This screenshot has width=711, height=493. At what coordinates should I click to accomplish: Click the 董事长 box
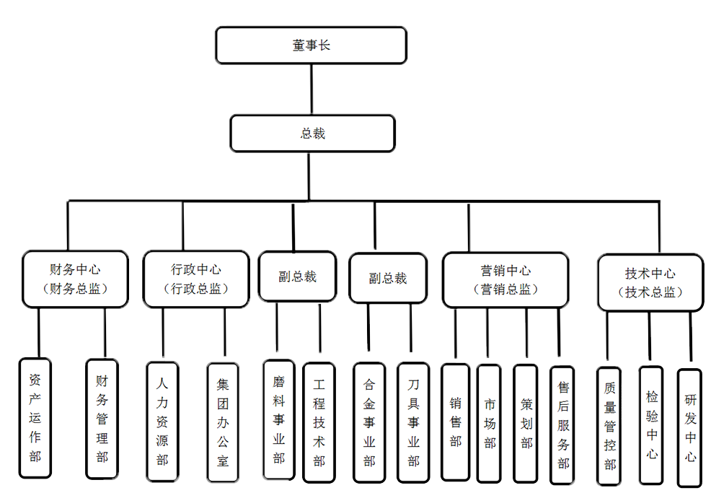(x=311, y=45)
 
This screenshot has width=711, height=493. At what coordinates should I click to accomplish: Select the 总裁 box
(x=312, y=134)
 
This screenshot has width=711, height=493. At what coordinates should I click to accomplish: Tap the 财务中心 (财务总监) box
(x=75, y=279)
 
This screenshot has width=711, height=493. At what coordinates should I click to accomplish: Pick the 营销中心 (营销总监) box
(x=505, y=279)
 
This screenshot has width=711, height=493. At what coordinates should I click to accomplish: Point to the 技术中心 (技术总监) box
(x=650, y=282)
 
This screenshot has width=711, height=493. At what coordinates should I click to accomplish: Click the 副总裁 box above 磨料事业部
(x=297, y=276)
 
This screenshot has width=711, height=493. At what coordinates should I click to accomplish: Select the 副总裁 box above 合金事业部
(x=387, y=278)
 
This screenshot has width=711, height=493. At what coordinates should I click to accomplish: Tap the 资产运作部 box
(x=35, y=418)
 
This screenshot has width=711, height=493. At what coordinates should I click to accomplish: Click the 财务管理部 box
(x=102, y=419)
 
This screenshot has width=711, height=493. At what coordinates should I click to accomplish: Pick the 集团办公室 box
(x=222, y=422)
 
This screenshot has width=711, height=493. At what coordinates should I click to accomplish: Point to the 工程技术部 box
(x=319, y=422)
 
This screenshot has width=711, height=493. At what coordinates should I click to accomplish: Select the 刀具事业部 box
(x=413, y=422)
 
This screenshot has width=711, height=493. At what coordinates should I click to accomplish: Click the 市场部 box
(x=490, y=422)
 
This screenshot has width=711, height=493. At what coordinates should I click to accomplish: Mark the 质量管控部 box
(x=609, y=426)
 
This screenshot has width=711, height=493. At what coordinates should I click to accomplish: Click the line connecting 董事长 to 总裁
(x=312, y=90)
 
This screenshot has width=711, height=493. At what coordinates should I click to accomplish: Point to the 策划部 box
(x=526, y=422)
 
